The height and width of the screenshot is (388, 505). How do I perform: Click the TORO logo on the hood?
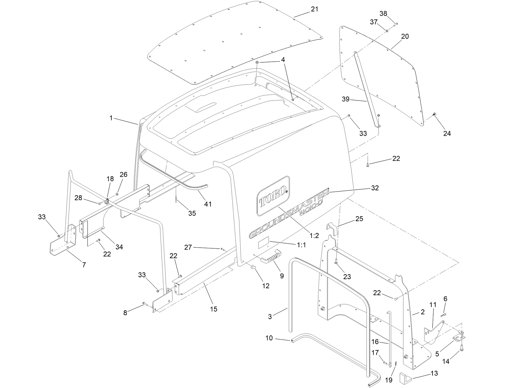[x=273, y=196]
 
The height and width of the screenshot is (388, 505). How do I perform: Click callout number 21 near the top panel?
[x=314, y=9]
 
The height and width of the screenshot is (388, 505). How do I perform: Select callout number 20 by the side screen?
[x=405, y=36]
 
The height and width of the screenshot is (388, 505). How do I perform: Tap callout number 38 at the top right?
[x=383, y=14]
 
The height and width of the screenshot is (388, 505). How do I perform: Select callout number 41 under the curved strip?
[x=208, y=204]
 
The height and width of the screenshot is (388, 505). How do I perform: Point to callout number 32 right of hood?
[x=375, y=188]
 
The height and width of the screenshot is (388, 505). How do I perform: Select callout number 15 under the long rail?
[x=213, y=309]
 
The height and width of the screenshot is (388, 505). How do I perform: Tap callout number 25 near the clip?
[x=359, y=219]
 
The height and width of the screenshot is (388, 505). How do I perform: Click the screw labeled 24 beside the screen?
[x=434, y=115]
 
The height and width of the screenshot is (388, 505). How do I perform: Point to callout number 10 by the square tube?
[x=269, y=338]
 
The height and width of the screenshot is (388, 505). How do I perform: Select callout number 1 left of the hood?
[x=111, y=118]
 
